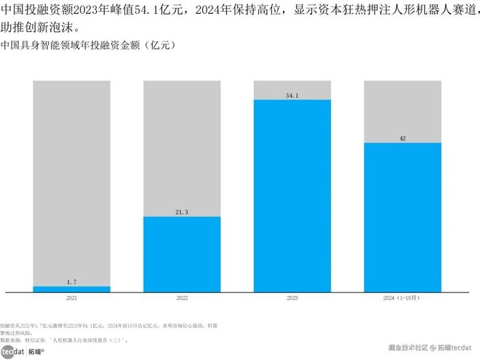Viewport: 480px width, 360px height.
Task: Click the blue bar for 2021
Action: coord(71,289)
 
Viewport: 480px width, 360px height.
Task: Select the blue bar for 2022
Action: coord(182,254)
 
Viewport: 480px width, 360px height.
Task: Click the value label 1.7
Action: coord(71,281)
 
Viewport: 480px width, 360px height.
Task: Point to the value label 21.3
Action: coord(182,212)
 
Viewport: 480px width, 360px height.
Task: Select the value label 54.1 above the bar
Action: coord(292,95)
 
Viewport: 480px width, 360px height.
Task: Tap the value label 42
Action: coord(402,138)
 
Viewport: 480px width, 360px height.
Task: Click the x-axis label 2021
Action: coord(71,298)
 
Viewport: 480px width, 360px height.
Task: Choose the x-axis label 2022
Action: coord(182,298)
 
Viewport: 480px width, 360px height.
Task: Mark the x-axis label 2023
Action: coord(292,298)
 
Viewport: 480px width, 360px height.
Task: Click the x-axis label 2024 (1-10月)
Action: coord(402,298)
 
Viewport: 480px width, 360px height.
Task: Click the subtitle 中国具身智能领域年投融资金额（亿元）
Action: coord(88,45)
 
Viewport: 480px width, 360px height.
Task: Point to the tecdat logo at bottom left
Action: coord(12,351)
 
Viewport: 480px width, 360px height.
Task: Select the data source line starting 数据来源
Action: coord(65,340)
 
